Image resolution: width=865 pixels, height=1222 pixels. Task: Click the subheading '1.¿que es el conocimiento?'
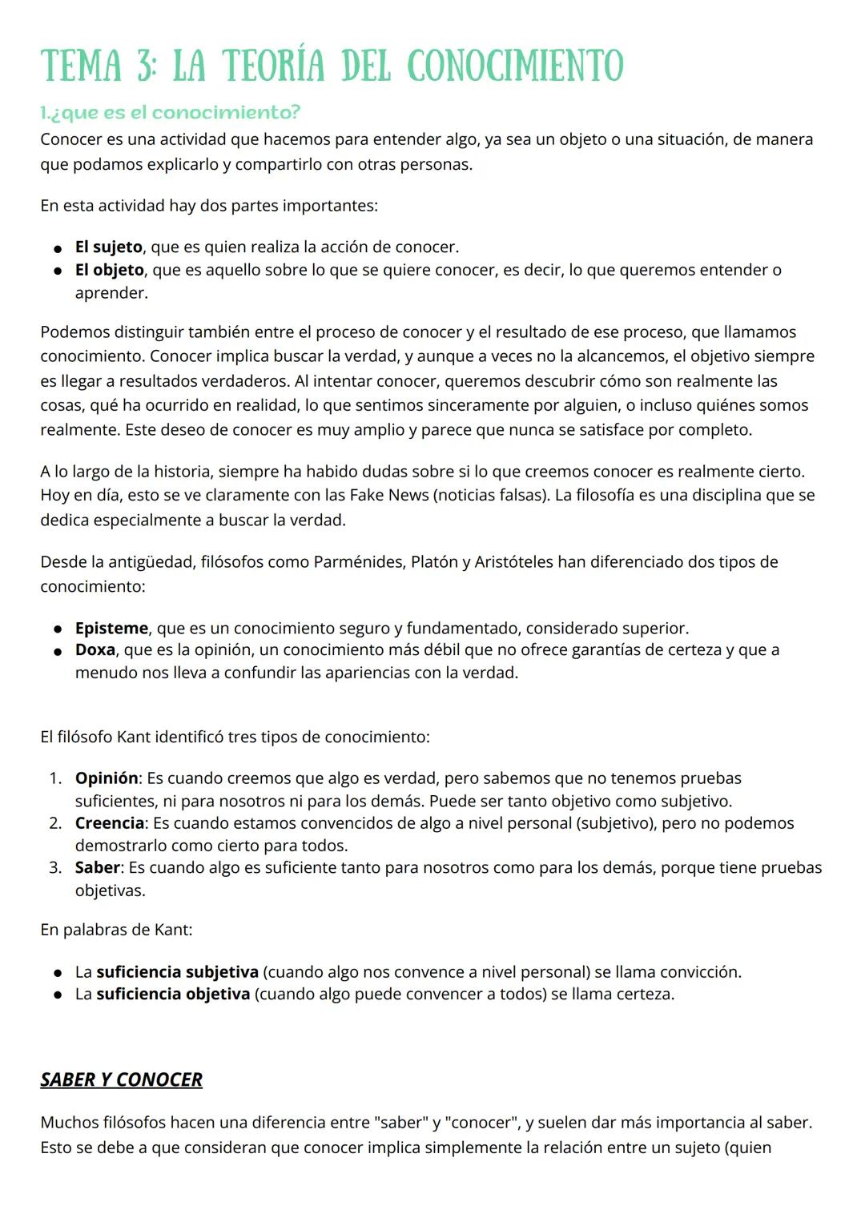click(x=170, y=112)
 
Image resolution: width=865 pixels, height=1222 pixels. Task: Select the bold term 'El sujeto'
click(x=108, y=247)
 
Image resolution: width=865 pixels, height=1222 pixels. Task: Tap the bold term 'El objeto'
click(x=109, y=270)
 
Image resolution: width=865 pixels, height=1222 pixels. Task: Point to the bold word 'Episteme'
click(x=111, y=628)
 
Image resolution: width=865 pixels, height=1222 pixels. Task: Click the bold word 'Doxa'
click(x=95, y=649)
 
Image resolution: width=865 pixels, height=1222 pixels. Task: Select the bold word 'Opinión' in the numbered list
click(x=107, y=778)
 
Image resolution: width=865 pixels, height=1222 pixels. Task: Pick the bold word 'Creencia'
click(x=110, y=822)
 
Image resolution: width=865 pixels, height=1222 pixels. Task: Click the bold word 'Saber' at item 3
click(x=97, y=867)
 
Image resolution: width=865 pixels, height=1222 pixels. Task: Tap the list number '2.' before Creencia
click(x=55, y=822)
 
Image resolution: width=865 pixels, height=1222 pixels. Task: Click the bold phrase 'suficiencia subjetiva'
click(x=177, y=971)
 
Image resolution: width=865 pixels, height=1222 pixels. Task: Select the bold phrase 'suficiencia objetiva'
click(x=173, y=994)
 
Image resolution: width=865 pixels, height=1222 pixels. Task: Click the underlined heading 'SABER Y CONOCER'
click(x=121, y=1079)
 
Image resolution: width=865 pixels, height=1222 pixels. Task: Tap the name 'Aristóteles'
click(x=513, y=561)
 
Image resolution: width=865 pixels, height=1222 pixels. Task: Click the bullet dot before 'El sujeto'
click(x=58, y=247)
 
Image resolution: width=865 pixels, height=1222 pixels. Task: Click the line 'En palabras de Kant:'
click(x=116, y=930)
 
